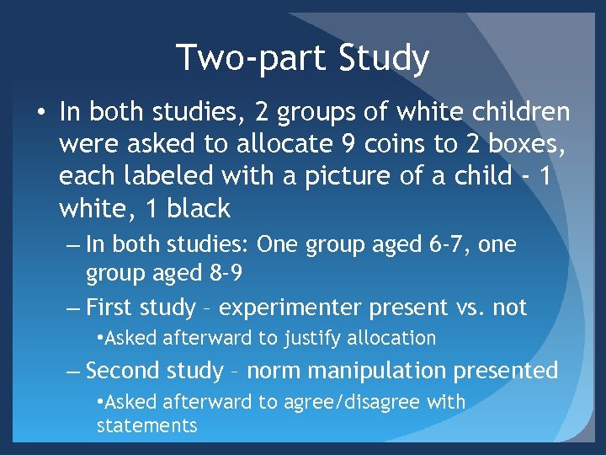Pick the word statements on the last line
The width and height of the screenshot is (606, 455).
[x=146, y=426]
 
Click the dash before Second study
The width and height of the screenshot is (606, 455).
[x=73, y=370]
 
